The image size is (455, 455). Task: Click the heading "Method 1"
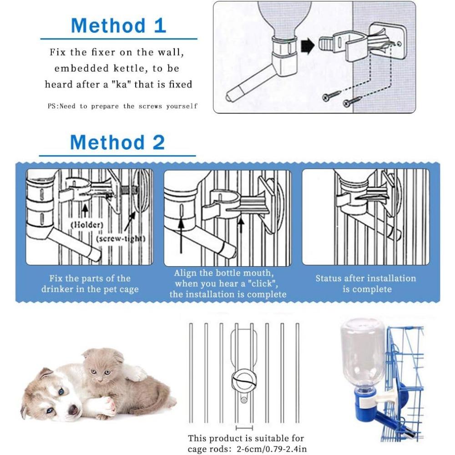tap(118, 26)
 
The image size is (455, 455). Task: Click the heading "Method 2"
tap(117, 143)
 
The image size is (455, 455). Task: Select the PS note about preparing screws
tap(123, 106)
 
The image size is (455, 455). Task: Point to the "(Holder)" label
tap(86, 224)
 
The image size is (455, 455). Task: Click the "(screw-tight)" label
tap(121, 238)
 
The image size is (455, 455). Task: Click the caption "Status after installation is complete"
tap(366, 283)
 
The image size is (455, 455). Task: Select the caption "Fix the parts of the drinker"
tap(90, 283)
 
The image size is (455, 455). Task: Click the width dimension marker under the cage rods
tap(244, 428)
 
